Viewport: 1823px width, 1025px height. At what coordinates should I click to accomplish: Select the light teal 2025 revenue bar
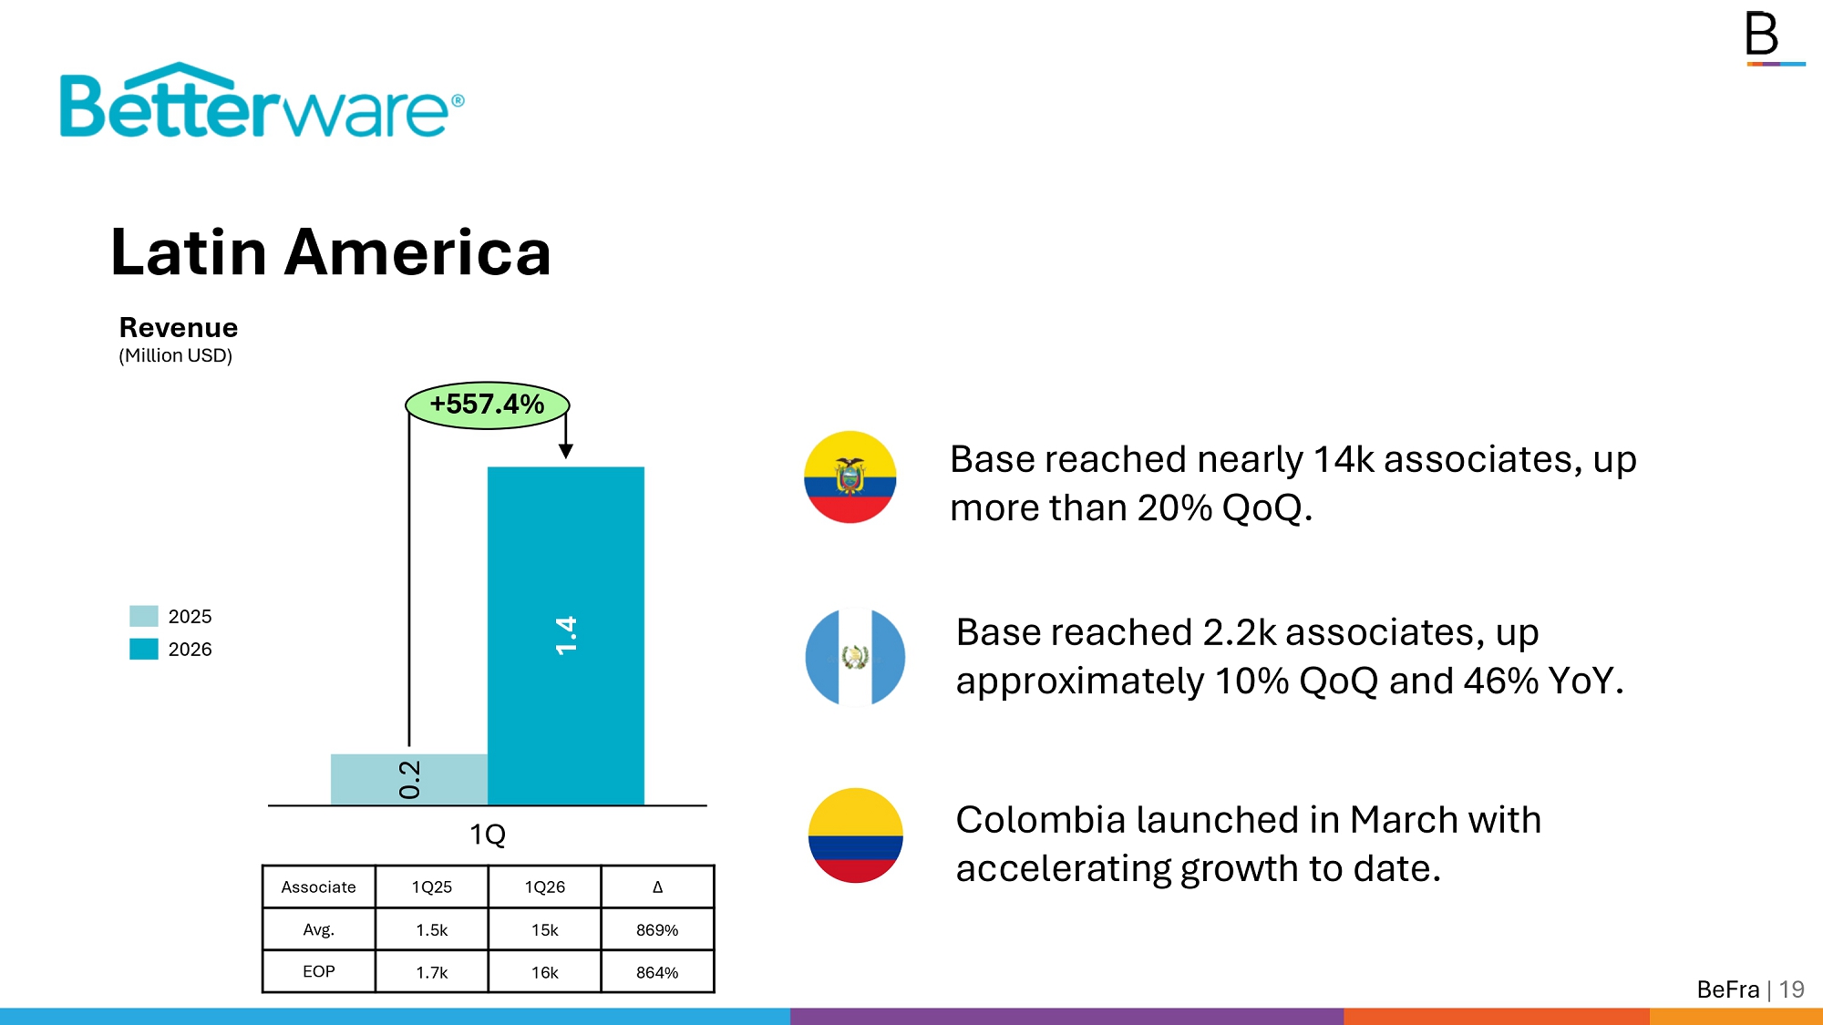click(409, 779)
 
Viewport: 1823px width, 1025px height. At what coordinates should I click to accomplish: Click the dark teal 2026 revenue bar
click(566, 636)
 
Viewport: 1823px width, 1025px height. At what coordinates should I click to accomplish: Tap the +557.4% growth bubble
click(488, 405)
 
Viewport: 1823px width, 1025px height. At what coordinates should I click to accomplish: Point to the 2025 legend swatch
click(144, 616)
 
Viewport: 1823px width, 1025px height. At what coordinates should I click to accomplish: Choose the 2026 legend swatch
click(144, 649)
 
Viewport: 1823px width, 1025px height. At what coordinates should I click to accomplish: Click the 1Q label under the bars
click(488, 834)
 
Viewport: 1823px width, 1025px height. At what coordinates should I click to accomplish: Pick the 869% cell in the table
click(657, 929)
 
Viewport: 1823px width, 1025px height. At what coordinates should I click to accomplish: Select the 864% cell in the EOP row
click(657, 972)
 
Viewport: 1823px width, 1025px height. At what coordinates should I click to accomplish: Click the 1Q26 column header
click(545, 887)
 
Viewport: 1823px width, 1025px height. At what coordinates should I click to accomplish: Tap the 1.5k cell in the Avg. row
click(432, 929)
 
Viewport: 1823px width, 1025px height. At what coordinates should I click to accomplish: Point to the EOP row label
click(319, 971)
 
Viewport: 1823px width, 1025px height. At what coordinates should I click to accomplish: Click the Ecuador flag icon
click(850, 477)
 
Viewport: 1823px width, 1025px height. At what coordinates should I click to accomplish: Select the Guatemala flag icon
click(855, 657)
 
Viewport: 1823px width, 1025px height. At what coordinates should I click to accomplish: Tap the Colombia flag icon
click(855, 835)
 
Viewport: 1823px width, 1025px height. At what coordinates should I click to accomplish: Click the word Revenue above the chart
click(179, 327)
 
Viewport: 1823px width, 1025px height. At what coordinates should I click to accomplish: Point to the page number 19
click(1792, 989)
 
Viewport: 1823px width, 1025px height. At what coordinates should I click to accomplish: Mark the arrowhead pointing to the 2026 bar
click(566, 451)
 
